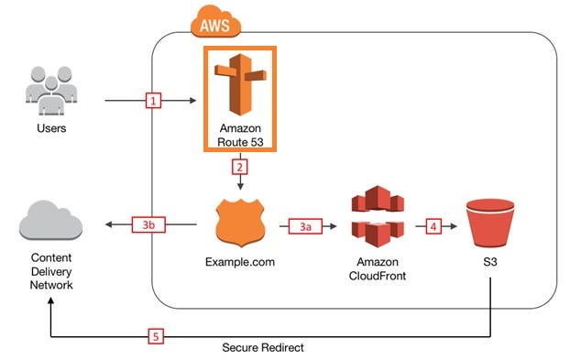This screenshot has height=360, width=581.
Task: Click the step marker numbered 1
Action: [x=156, y=100]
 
